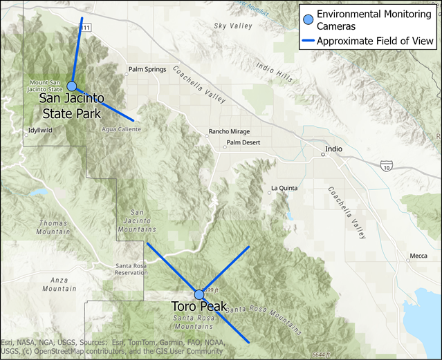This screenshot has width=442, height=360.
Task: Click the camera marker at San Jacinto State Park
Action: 72,86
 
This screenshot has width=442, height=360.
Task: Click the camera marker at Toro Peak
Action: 199,294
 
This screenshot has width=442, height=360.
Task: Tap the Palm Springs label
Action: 147,69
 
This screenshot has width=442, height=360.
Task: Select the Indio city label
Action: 334,149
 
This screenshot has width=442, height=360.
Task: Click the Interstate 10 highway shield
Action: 386,167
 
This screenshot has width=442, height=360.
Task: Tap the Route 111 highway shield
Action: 86,28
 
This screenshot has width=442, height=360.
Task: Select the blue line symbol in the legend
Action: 308,41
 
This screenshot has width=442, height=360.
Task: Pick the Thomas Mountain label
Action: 53,228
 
